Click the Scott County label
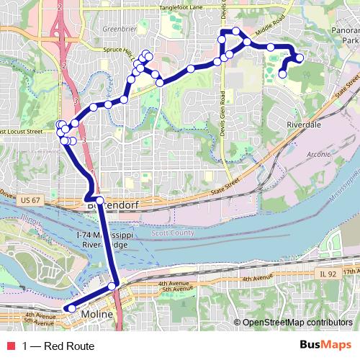point(173,233)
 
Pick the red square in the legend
point(9,346)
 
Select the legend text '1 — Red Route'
point(58,346)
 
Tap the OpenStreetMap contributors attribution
point(297,323)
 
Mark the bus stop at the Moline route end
point(71,309)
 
